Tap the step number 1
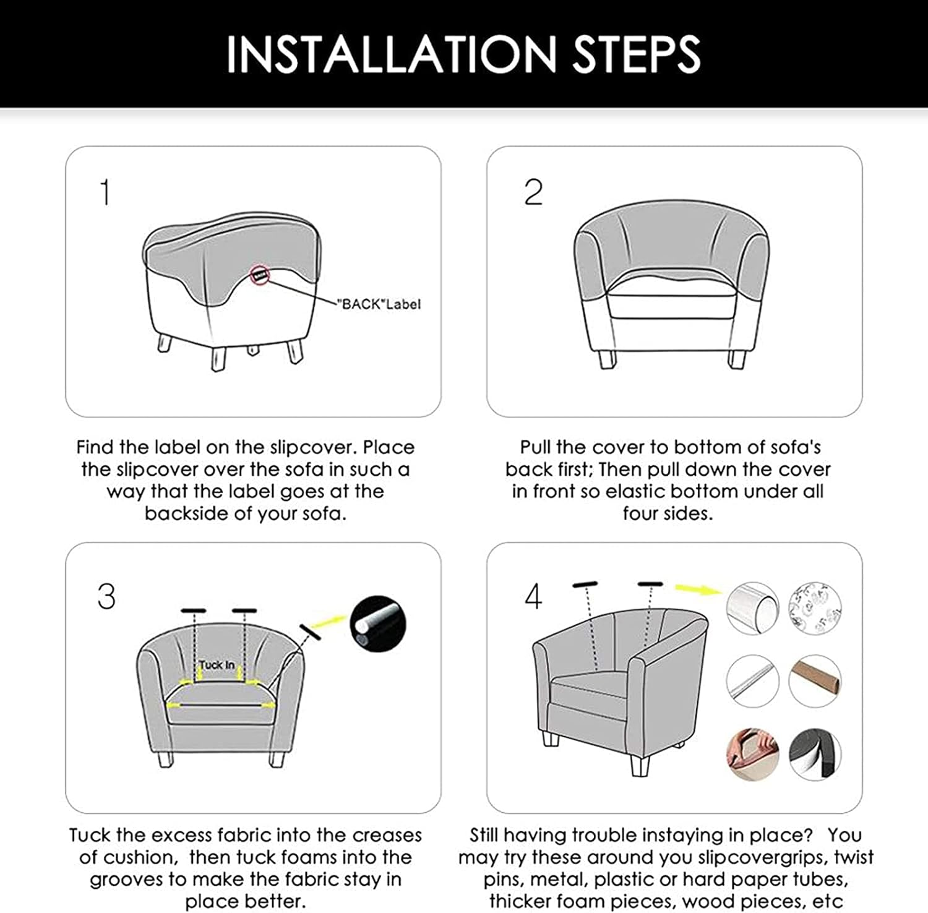pos(105,192)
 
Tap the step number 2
pos(533,192)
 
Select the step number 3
pos(106,597)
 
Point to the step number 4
pos(533,597)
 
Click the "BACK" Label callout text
pos(379,304)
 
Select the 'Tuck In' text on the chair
pos(217,666)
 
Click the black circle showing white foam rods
pos(378,624)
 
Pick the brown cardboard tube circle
pos(815,681)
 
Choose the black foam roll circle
pos(815,754)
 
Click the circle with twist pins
pos(815,608)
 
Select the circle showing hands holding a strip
pos(752,754)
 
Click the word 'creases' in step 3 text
pos(387,836)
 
